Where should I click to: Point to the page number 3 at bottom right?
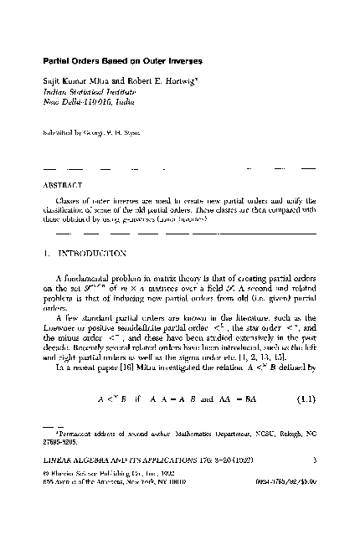point(313,507)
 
